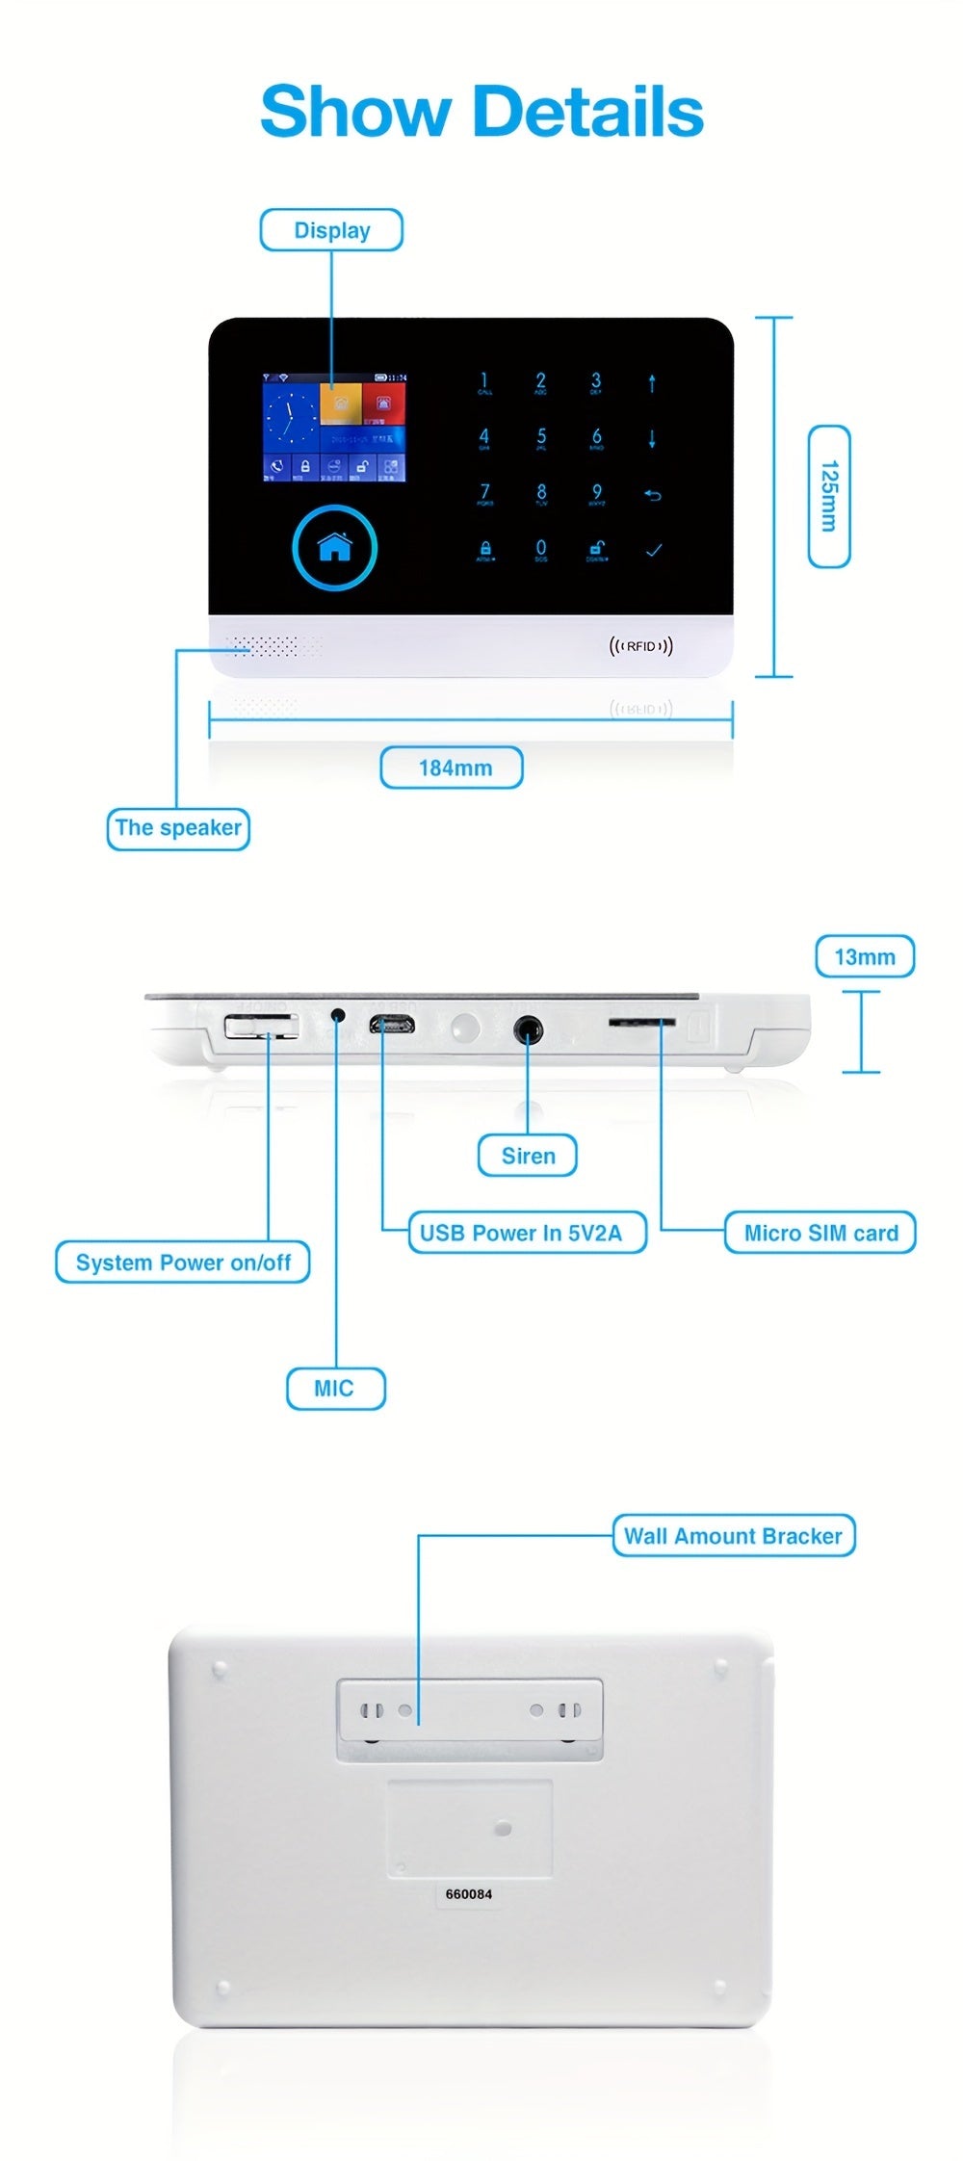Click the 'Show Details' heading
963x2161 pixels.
(481, 112)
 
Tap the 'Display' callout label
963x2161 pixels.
(331, 230)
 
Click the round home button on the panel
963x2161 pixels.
(334, 546)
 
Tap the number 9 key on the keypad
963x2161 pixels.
(597, 494)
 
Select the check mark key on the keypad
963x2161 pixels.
(654, 550)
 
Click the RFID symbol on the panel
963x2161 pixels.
(641, 645)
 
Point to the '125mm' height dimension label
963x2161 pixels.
(828, 496)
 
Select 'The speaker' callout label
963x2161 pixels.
(178, 828)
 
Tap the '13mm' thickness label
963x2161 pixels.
(865, 956)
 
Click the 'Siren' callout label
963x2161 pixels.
(528, 1156)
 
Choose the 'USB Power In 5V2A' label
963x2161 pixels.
(527, 1233)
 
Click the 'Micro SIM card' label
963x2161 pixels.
(820, 1233)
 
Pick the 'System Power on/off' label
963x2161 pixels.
(183, 1263)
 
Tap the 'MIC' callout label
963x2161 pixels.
(335, 1388)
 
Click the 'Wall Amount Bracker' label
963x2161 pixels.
(734, 1535)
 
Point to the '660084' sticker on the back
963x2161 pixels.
(468, 1894)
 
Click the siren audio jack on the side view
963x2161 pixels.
(527, 1029)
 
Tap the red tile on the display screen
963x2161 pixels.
(383, 404)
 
